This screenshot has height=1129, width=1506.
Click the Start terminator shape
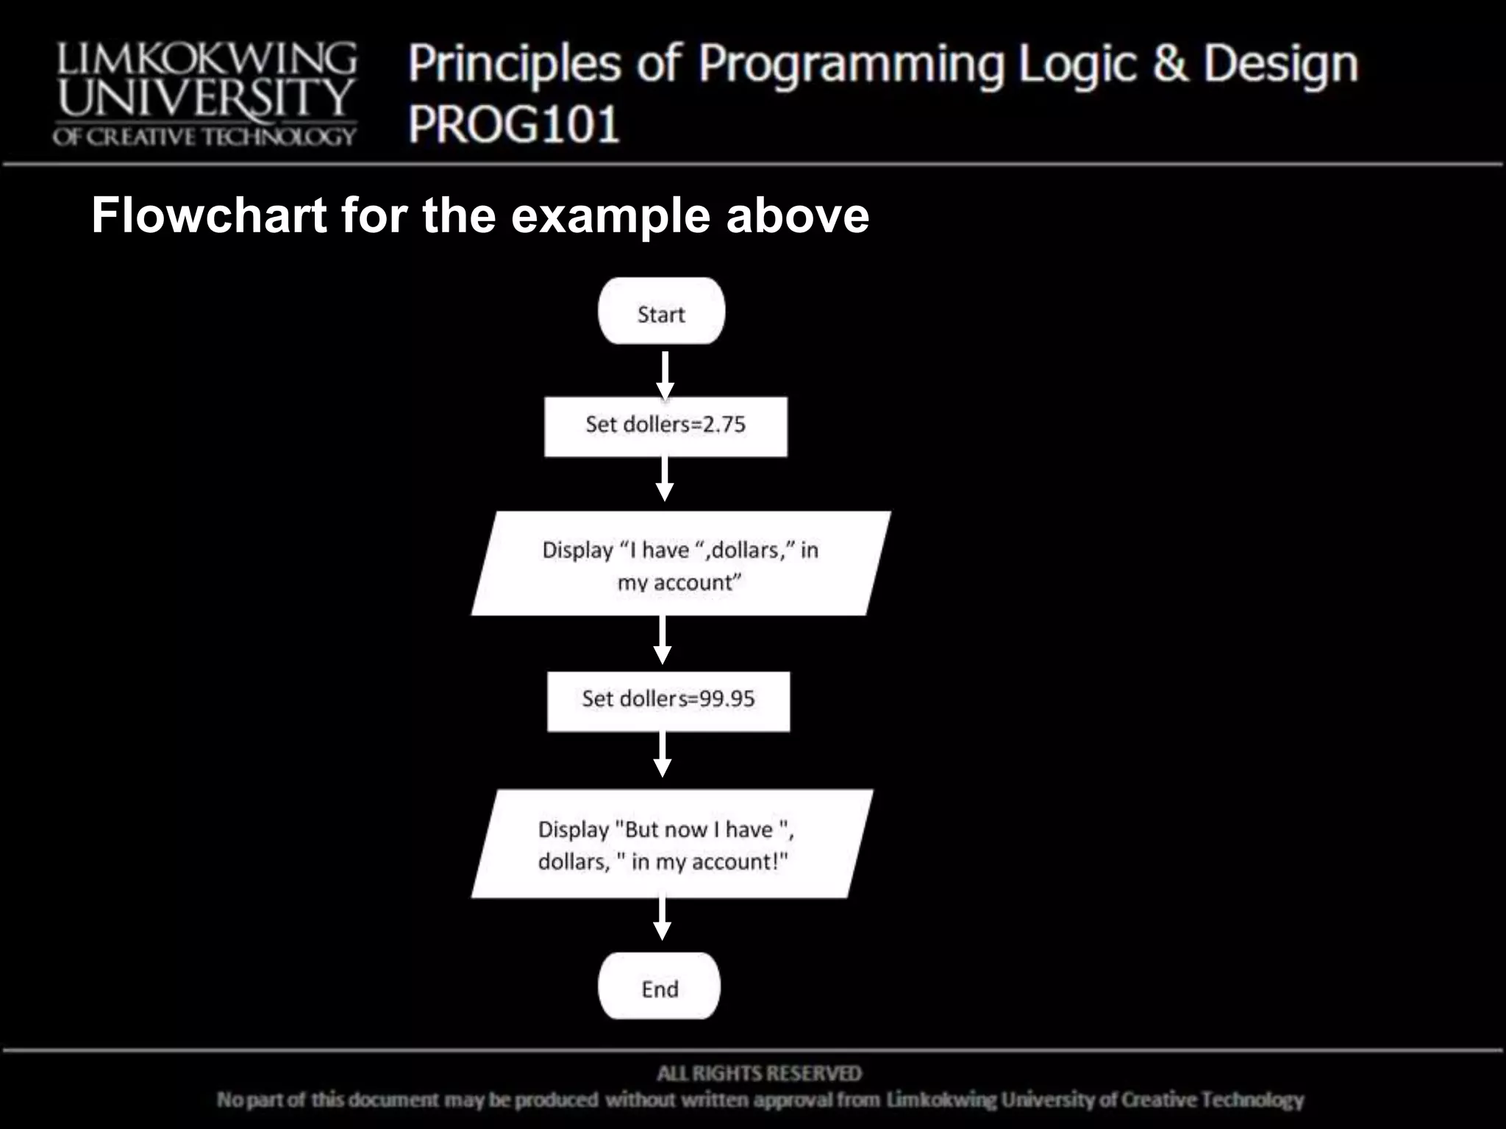[x=661, y=312]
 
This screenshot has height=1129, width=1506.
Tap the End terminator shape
[x=659, y=986]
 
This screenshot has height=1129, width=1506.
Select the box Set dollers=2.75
[x=665, y=426]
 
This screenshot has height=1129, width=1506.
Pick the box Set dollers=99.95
[x=668, y=700]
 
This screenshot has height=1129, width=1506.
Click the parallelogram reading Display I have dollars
[x=680, y=564]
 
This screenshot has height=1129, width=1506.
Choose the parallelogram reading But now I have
[x=671, y=844]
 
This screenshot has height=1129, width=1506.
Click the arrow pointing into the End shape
[x=662, y=919]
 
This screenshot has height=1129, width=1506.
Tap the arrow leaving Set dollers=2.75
[x=665, y=479]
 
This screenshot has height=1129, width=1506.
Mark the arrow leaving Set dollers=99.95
[x=662, y=754]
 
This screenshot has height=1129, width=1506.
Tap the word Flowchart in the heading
[x=209, y=215]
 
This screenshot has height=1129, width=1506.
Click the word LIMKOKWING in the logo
[x=207, y=59]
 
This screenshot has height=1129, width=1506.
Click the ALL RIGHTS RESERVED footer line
[x=759, y=1074]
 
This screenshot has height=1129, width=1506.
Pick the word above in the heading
[x=797, y=215]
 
